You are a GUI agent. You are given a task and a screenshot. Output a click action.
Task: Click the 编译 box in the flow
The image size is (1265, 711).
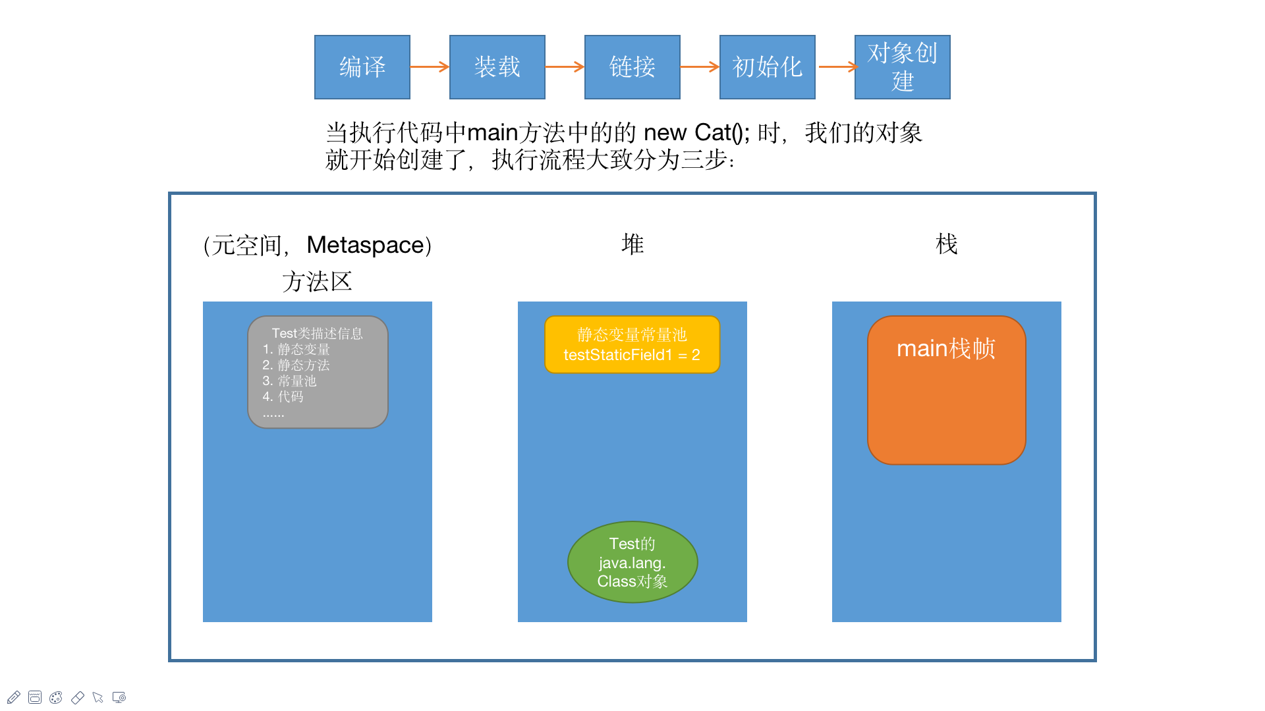[362, 67]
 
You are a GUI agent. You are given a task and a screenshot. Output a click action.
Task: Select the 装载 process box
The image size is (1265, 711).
[497, 67]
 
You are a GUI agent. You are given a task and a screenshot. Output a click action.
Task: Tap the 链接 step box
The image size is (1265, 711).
[632, 67]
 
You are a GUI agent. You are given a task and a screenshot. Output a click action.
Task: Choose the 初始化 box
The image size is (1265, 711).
[767, 67]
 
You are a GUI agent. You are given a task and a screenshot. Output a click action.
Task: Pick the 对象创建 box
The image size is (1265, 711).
[902, 67]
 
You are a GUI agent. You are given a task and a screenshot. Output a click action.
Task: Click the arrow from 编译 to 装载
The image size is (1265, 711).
[430, 66]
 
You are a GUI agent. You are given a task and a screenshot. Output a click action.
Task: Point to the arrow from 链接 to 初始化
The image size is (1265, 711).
[700, 66]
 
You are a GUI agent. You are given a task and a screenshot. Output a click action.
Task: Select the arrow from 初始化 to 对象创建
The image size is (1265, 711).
[837, 66]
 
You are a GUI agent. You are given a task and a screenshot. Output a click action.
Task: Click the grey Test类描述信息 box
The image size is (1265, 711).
[318, 372]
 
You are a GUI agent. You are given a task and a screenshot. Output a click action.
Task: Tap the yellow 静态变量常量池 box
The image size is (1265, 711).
[632, 344]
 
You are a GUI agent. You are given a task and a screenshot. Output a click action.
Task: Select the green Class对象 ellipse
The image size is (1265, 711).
[632, 562]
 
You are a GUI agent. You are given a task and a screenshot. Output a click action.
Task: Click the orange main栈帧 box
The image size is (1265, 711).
[946, 390]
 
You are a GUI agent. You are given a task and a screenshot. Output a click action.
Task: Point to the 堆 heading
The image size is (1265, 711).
[632, 244]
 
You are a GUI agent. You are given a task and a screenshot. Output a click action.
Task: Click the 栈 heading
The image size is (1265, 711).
[946, 244]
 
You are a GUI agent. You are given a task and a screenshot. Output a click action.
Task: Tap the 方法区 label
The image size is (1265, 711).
[317, 282]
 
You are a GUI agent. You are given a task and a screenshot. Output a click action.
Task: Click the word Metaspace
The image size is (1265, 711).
[366, 245]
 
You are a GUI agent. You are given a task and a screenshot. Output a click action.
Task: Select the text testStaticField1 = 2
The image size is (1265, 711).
[632, 355]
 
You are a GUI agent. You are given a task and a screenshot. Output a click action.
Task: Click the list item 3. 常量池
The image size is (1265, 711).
[289, 381]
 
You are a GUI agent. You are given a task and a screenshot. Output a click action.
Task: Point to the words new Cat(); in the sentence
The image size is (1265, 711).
[696, 133]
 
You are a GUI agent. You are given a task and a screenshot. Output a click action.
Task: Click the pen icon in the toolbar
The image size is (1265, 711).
[14, 697]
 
